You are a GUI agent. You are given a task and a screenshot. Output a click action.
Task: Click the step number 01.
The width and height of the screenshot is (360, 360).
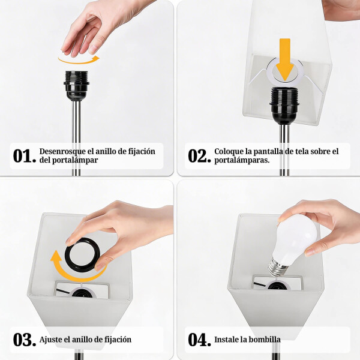coord(24,156)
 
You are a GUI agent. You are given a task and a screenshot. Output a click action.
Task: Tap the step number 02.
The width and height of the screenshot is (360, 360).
coord(199,156)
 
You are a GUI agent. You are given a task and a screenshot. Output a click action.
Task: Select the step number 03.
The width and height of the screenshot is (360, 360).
coord(24,340)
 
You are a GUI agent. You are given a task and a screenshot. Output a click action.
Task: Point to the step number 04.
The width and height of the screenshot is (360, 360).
coord(199,340)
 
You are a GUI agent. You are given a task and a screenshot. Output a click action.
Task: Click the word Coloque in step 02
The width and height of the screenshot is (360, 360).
coord(229,152)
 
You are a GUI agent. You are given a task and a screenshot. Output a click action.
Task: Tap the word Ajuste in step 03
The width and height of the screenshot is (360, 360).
coord(52,340)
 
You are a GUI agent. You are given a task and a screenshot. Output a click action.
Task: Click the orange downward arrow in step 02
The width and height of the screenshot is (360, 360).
coord(285,59)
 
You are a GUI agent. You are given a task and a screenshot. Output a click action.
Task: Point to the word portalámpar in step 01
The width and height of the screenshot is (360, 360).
coord(64,161)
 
